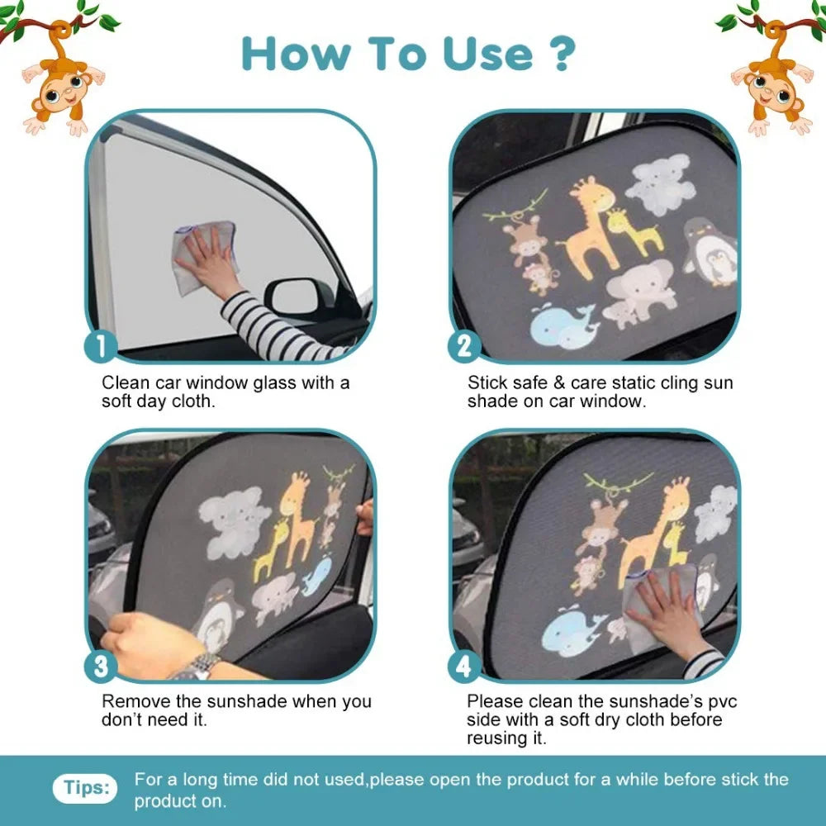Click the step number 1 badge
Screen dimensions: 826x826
[102, 346]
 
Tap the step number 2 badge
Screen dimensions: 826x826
[464, 346]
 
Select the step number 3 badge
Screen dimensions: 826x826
[102, 665]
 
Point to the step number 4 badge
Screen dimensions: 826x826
[464, 665]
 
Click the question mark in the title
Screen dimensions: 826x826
[560, 53]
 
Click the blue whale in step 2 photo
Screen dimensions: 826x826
[561, 325]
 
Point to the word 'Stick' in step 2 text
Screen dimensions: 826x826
[486, 382]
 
